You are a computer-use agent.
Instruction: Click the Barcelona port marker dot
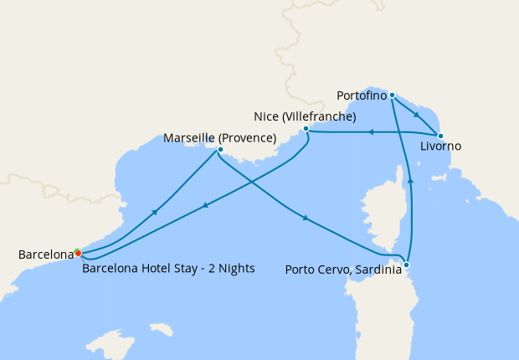[x=77, y=253]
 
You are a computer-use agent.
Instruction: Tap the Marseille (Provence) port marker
[x=219, y=151]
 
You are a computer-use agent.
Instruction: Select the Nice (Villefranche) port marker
[x=306, y=129]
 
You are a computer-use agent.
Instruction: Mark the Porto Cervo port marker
[x=406, y=265]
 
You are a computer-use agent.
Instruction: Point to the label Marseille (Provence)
[x=220, y=136]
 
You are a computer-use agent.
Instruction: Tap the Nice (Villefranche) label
[x=305, y=116]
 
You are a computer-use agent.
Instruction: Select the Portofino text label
[x=362, y=95]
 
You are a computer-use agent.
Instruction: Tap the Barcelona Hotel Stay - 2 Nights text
[x=168, y=269]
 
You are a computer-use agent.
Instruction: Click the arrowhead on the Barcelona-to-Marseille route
[x=155, y=212]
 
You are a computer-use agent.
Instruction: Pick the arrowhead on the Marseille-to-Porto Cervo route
[x=306, y=219]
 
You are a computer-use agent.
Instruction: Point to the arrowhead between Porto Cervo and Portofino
[x=410, y=180]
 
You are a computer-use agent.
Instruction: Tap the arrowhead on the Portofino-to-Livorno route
[x=416, y=115]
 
